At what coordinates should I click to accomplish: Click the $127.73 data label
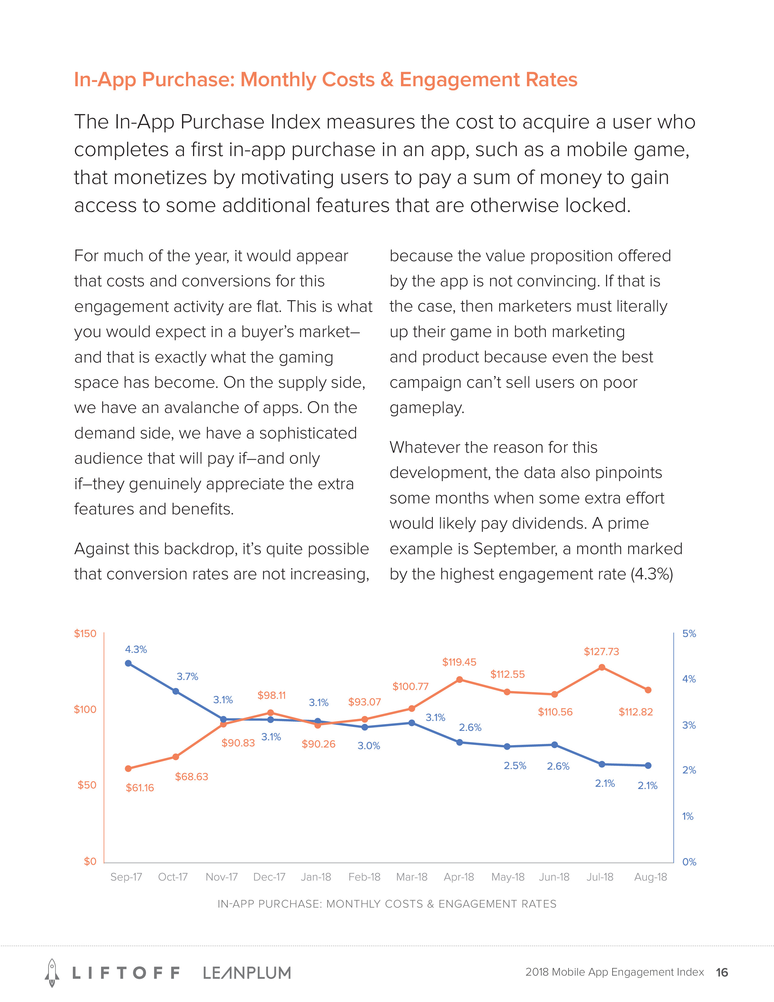[x=601, y=652]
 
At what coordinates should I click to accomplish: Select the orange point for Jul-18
[x=602, y=667]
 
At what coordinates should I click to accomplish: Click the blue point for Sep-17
[x=128, y=663]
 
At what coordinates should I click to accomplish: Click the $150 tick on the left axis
[x=85, y=634]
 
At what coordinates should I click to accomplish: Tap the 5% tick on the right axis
[x=689, y=634]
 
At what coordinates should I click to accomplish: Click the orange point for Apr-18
[x=460, y=680]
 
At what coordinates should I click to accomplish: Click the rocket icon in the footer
[x=52, y=972]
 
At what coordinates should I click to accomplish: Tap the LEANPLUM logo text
[x=247, y=973]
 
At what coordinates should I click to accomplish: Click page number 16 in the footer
[x=722, y=972]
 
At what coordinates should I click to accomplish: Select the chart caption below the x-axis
[x=386, y=904]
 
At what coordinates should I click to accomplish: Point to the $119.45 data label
[x=459, y=662]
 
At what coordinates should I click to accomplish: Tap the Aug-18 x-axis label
[x=650, y=877]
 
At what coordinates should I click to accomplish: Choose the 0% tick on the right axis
[x=689, y=862]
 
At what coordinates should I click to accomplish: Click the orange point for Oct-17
[x=176, y=757]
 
